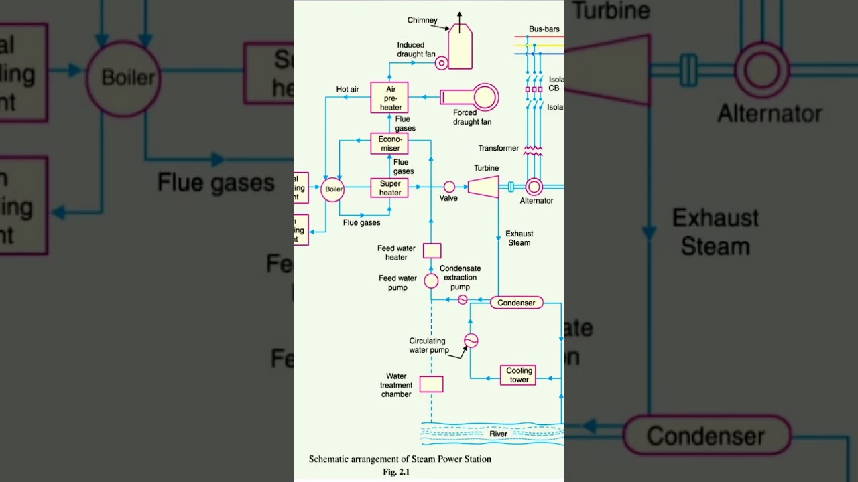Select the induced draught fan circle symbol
(441, 63)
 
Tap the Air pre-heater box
(389, 98)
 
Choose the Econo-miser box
(389, 143)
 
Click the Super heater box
(389, 188)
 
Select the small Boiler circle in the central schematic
(333, 189)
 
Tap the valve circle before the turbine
(449, 187)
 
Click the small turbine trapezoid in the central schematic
(483, 187)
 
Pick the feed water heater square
(432, 250)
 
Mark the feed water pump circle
(431, 280)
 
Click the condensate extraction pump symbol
(463, 300)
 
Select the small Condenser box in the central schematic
(516, 303)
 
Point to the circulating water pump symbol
(471, 341)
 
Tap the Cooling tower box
(519, 375)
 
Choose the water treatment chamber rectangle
(431, 384)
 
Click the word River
(499, 434)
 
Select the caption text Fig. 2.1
(396, 472)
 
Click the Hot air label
(347, 89)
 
